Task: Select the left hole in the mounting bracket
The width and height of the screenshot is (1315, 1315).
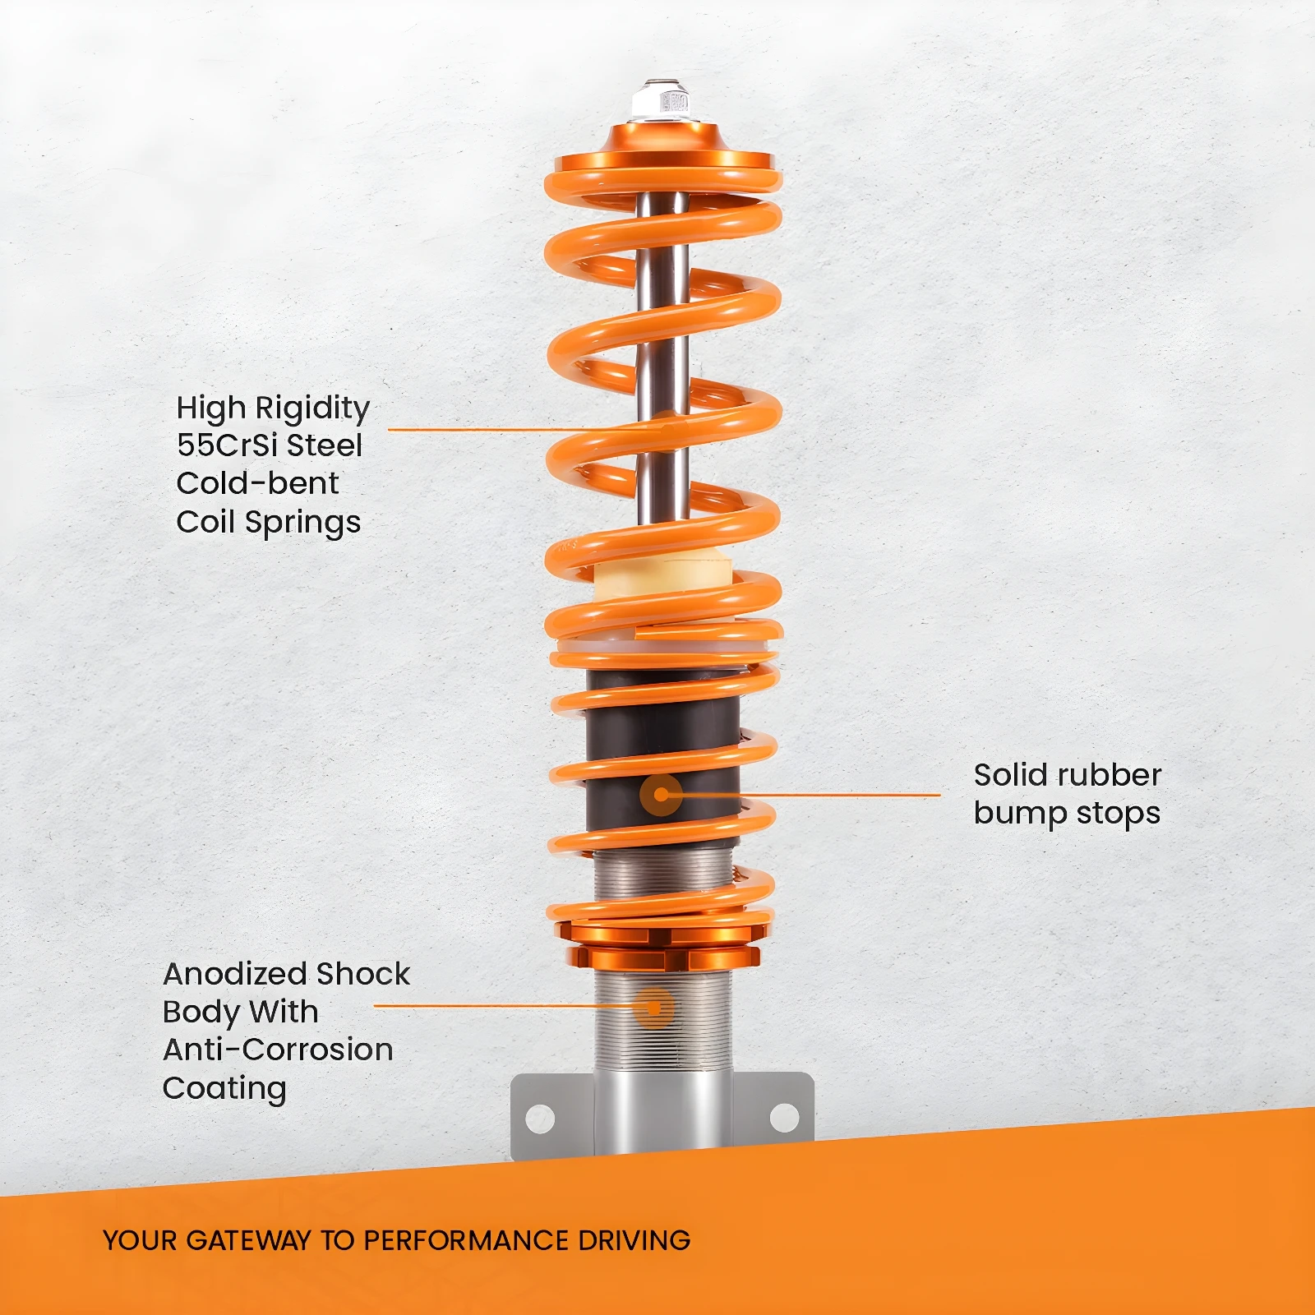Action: [540, 1118]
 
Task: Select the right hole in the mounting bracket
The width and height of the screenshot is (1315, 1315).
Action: [784, 1117]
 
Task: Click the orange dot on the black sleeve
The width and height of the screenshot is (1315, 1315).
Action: [661, 795]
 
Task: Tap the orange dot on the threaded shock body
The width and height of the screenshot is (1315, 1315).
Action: [654, 1007]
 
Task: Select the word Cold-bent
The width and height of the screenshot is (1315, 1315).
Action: [257, 482]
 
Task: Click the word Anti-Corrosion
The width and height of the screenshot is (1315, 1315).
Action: [278, 1050]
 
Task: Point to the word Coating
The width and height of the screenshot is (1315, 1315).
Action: [224, 1089]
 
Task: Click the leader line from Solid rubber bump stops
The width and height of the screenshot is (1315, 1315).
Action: [801, 795]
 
